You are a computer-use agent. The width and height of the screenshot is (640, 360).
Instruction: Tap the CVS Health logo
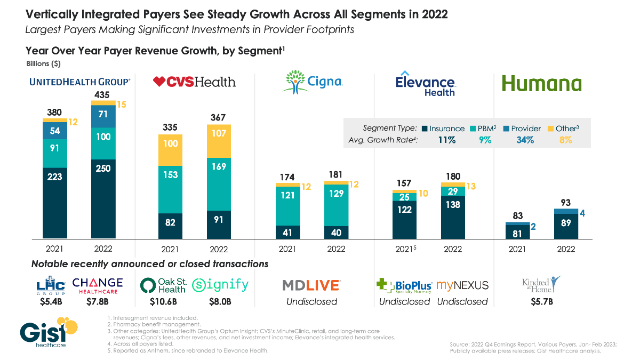pyautogui.click(x=194, y=82)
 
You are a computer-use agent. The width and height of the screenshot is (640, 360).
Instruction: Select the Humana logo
pyautogui.click(x=541, y=84)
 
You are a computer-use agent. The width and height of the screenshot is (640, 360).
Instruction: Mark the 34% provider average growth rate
pyautogui.click(x=521, y=140)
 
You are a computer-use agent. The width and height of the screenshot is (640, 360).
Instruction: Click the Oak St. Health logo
pyautogui.click(x=164, y=285)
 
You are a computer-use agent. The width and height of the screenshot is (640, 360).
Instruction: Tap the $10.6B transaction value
pyautogui.click(x=164, y=302)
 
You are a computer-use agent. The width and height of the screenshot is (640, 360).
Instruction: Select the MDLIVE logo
pyautogui.click(x=311, y=285)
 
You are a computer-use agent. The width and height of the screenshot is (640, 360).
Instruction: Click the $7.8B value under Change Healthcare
pyautogui.click(x=97, y=302)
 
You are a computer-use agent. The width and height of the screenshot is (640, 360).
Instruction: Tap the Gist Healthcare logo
pyautogui.click(x=48, y=334)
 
